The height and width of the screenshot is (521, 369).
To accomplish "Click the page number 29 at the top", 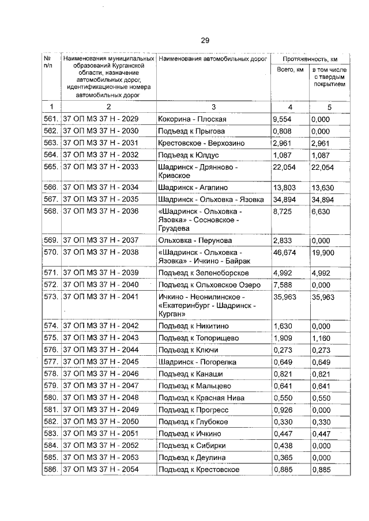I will tap(205, 40).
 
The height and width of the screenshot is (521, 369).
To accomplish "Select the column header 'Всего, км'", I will tap(290, 70).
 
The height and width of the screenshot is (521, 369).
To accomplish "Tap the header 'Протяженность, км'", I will tap(310, 59).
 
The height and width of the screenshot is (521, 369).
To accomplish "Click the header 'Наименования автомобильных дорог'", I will tap(212, 59).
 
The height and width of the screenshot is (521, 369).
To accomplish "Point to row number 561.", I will tap(51, 119).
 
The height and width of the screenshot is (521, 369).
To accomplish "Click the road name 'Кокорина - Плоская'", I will tap(192, 119).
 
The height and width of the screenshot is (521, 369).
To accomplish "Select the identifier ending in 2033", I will tap(100, 166).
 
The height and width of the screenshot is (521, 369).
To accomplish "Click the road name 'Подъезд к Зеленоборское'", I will tap(204, 272).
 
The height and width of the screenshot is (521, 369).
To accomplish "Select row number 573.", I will tap(51, 297).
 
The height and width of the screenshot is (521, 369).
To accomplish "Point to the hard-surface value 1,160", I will tap(321, 337).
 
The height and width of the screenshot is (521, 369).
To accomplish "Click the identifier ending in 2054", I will tap(100, 470).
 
